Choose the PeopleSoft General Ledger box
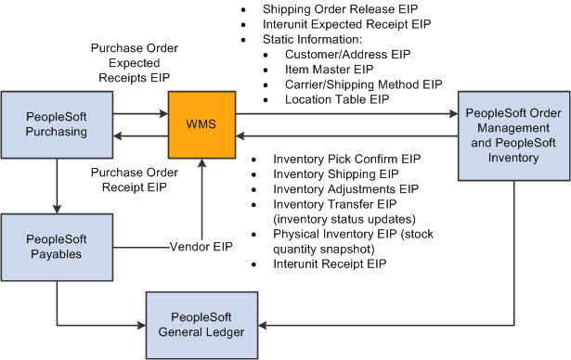click(x=200, y=325)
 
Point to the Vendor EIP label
click(x=201, y=247)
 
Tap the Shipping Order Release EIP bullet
click(x=321, y=7)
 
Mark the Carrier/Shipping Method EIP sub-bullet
click(x=363, y=84)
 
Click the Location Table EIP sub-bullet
click(x=336, y=98)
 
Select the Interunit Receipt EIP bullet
click(x=330, y=264)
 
